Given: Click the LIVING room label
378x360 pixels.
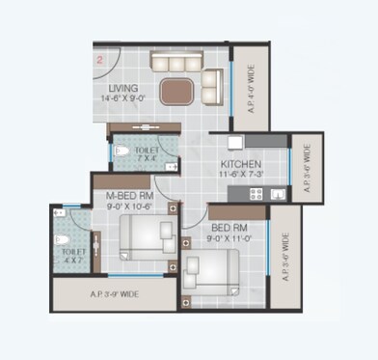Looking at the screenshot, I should click(124, 88).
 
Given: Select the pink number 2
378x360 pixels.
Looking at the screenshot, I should click(98, 59).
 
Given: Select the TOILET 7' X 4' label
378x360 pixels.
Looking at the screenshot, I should click(148, 153).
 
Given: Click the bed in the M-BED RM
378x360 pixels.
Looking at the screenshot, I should click(146, 235).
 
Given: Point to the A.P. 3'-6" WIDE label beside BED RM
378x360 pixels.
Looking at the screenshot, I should click(286, 260).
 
